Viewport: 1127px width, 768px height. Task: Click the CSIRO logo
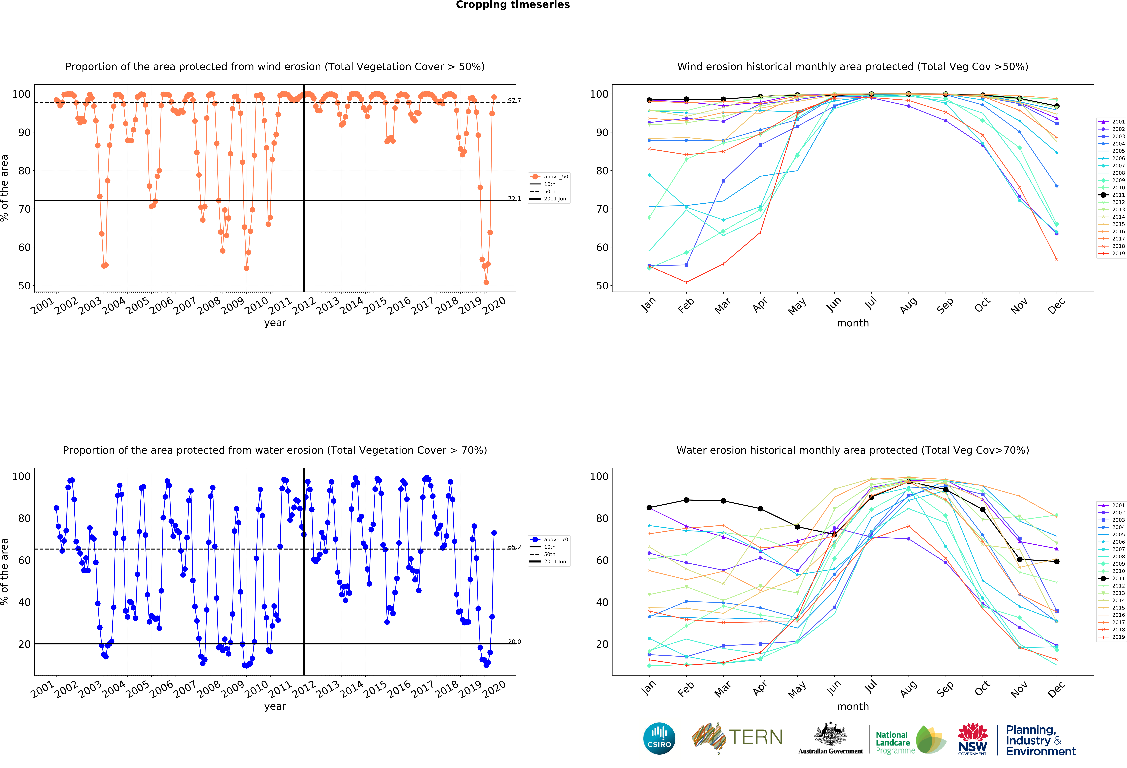click(x=659, y=738)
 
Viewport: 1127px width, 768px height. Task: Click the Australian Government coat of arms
click(x=831, y=734)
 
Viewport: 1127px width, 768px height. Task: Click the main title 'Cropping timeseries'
click(x=513, y=5)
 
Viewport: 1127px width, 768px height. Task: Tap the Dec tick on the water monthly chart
click(x=1056, y=689)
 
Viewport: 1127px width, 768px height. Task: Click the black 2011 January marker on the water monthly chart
click(x=649, y=508)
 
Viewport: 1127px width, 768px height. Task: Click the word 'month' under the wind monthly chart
click(x=852, y=323)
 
